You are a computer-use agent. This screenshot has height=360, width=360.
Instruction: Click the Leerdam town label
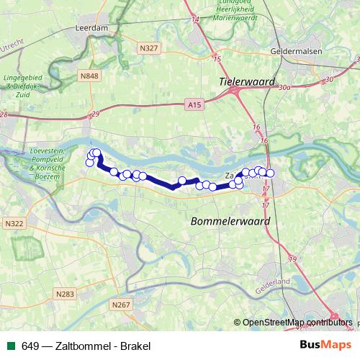pos(91,29)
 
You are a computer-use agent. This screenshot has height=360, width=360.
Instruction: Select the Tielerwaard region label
pos(247,82)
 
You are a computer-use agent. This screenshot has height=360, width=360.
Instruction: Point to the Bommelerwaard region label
pos(230,222)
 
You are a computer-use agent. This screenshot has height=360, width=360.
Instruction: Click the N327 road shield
pos(150,48)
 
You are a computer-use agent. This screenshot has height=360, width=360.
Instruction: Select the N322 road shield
pos(14,224)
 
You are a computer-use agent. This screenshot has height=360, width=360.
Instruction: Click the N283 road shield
pos(65,294)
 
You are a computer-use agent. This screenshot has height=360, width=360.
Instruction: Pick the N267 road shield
pos(120,305)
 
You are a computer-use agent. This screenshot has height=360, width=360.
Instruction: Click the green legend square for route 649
pos(10,346)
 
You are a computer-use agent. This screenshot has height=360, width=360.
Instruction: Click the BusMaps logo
pos(325,345)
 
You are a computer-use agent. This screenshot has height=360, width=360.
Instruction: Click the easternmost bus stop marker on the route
pos(271,173)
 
